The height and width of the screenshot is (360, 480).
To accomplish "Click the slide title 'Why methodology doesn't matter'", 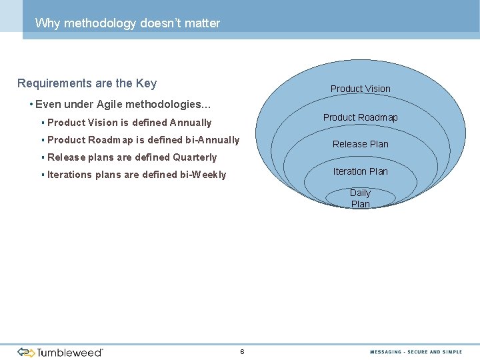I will coord(127,23).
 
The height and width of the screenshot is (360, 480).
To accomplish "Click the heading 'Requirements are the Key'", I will coord(87,83).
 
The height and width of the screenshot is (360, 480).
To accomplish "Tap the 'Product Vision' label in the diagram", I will coord(360,89).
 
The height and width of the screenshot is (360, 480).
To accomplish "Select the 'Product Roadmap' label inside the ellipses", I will coord(360,117).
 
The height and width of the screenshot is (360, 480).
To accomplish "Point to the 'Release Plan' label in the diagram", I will coord(360,144).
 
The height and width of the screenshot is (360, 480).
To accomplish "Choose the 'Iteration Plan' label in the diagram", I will coord(360,171).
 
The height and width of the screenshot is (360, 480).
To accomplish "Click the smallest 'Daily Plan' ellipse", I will coord(360,198).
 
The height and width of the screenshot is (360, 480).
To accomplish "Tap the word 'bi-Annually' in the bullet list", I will coord(208,140).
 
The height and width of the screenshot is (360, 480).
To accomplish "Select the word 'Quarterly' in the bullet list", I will coord(195,157).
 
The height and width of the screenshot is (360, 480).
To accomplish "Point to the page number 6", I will coord(242,351).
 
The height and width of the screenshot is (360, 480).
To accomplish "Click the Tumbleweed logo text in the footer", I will coord(70,352).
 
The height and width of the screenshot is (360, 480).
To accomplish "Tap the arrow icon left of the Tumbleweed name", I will coord(26,352).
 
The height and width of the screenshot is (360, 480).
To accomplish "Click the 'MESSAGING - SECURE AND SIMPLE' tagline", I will coord(416,352).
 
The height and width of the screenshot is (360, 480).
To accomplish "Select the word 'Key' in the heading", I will coord(146,83).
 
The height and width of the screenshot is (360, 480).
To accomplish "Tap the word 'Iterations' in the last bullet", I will coord(70,175).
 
